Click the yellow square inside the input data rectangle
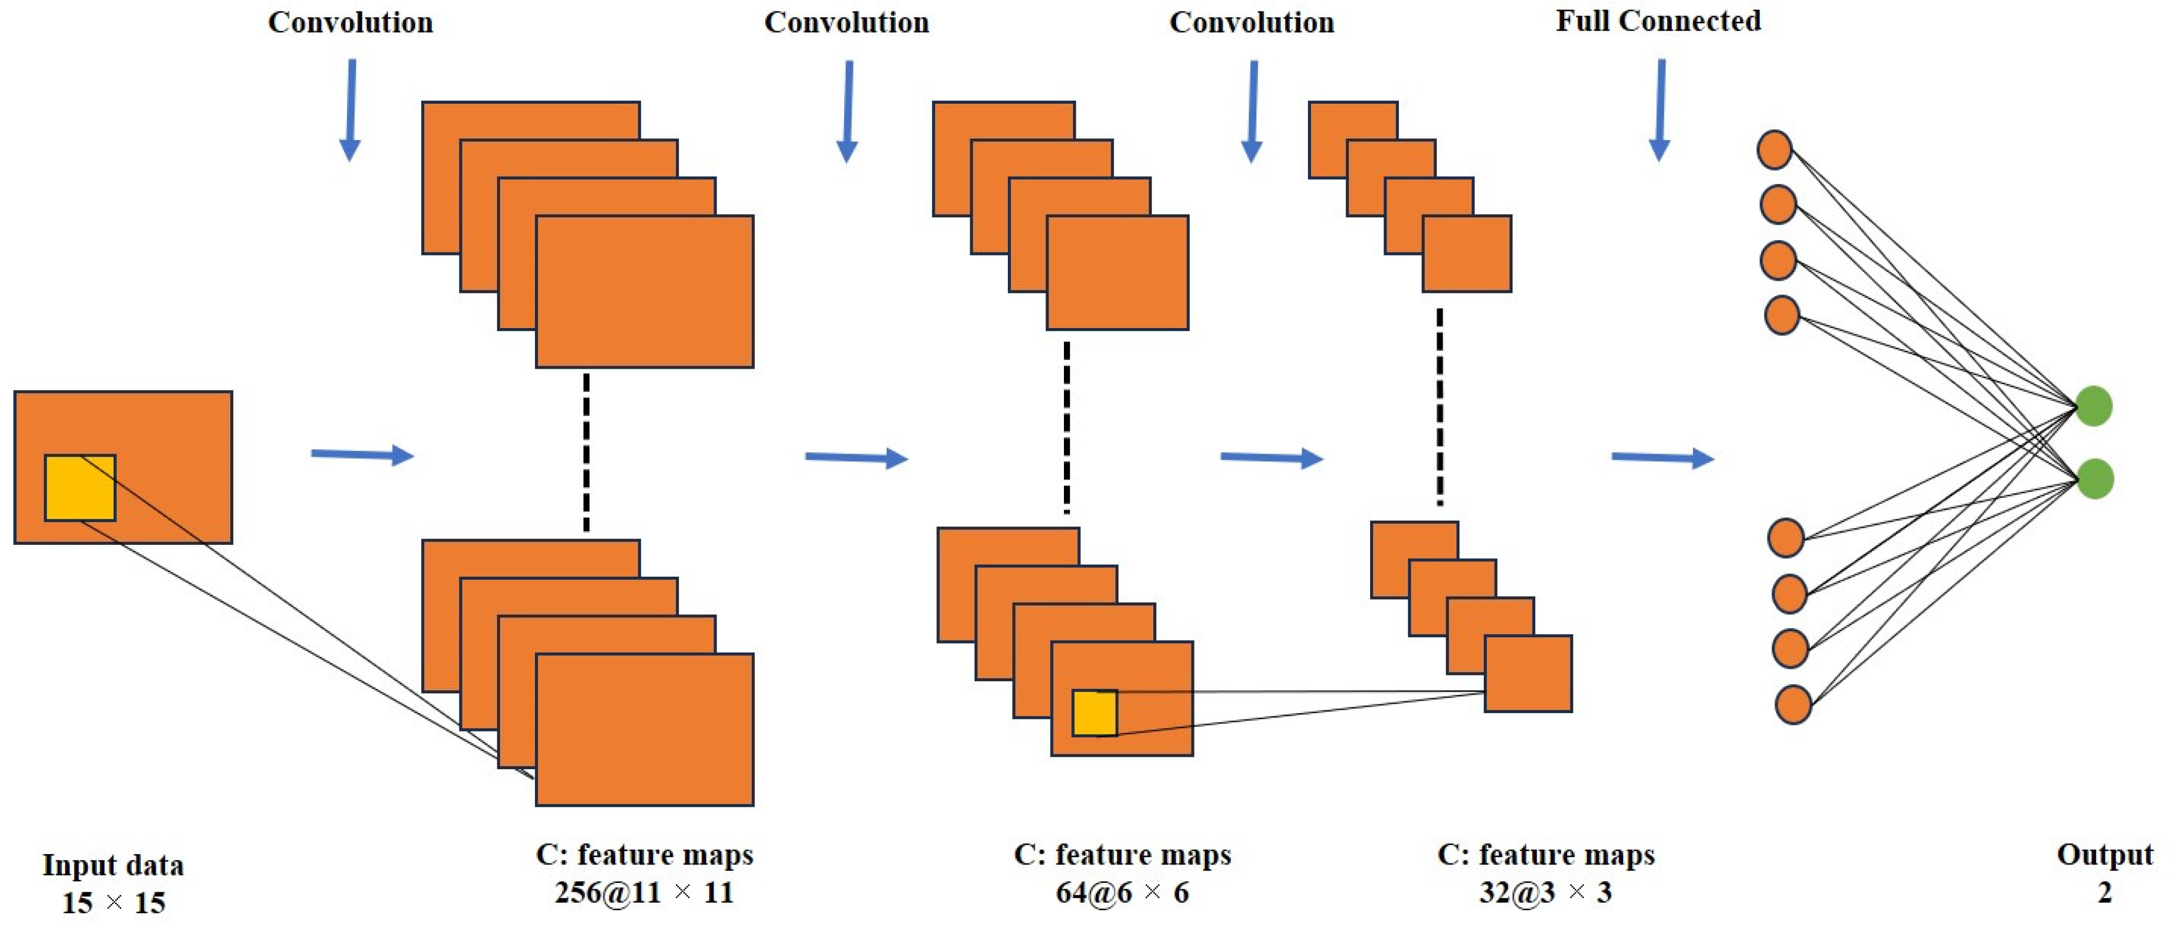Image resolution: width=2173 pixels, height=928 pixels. pyautogui.click(x=80, y=488)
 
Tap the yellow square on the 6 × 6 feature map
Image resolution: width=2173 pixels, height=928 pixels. pyautogui.click(x=1095, y=713)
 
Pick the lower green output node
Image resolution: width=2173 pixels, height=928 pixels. pyautogui.click(x=2096, y=479)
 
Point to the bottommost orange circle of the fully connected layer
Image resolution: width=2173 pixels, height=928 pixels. pyautogui.click(x=1793, y=705)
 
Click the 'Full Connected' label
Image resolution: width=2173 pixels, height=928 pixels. pyautogui.click(x=1658, y=21)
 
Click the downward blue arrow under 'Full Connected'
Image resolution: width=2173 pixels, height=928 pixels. pyautogui.click(x=1660, y=110)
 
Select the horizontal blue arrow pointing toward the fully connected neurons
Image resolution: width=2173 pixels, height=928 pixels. pyautogui.click(x=1663, y=458)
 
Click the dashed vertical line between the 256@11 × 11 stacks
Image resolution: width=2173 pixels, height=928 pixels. pyautogui.click(x=586, y=453)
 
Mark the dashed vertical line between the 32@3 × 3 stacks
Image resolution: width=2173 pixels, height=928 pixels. pyautogui.click(x=1440, y=406)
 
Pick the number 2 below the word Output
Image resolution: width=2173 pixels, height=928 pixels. pyautogui.click(x=2105, y=893)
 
